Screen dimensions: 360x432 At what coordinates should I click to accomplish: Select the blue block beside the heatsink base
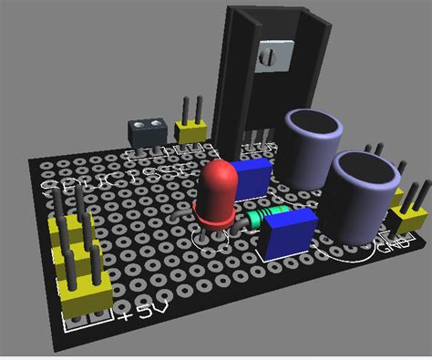[252, 175]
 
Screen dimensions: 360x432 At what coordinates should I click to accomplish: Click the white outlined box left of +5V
[85, 320]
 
